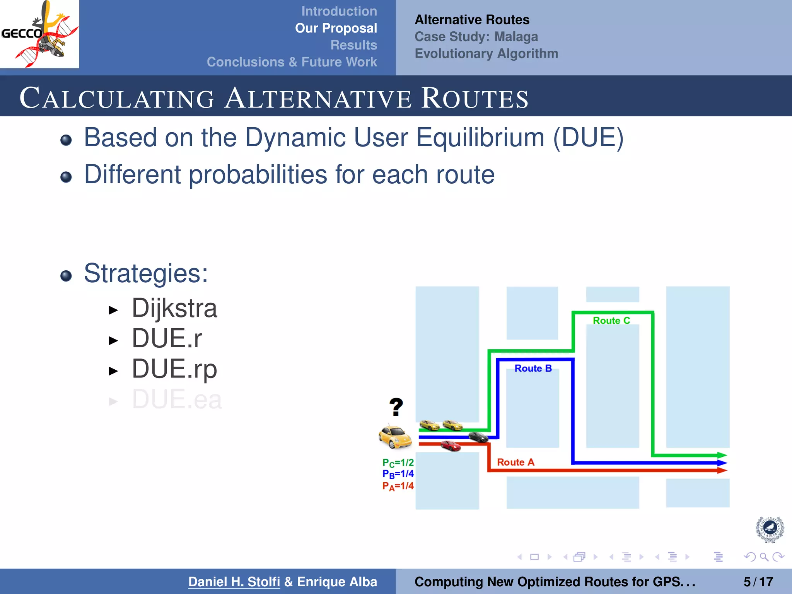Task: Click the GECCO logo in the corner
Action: tap(39, 34)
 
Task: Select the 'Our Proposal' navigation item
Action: tap(336, 28)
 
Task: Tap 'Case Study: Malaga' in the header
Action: tap(476, 37)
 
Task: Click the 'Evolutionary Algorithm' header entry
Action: tap(486, 53)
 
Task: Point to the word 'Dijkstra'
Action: tap(174, 308)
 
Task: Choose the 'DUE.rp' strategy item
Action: tap(174, 369)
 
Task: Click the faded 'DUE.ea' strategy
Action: tap(177, 399)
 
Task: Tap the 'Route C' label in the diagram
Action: tap(611, 321)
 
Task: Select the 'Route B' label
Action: tap(533, 369)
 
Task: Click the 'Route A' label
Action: tap(515, 462)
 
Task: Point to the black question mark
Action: tap(396, 407)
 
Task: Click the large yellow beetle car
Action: tap(395, 437)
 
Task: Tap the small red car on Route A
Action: tap(451, 446)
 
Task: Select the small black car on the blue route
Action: tap(478, 437)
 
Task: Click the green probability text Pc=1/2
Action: tap(398, 463)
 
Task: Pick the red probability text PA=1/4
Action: tap(398, 486)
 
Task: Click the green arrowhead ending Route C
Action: tap(722, 456)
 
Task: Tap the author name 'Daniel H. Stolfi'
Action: tap(234, 582)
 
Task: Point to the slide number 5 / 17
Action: tap(758, 582)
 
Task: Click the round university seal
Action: tap(770, 529)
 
